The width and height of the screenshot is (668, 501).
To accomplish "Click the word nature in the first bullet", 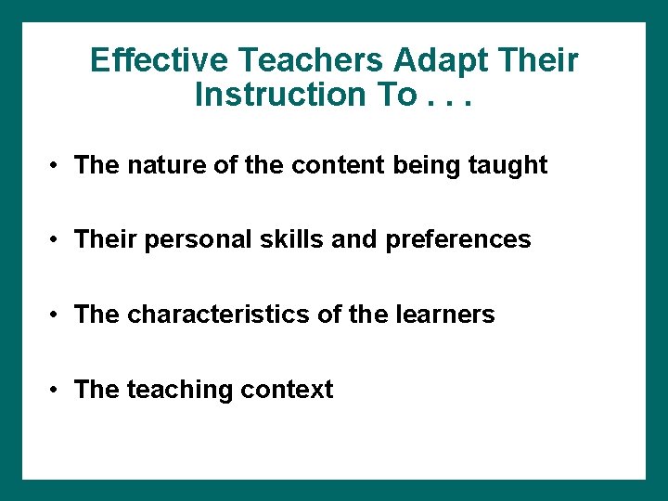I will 160,165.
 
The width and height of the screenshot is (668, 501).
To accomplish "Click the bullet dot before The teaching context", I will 57,390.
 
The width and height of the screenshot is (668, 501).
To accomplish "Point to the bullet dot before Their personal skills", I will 57,240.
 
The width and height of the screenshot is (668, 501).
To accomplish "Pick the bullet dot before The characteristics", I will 57,315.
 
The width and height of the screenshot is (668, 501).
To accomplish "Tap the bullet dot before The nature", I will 57,165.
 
